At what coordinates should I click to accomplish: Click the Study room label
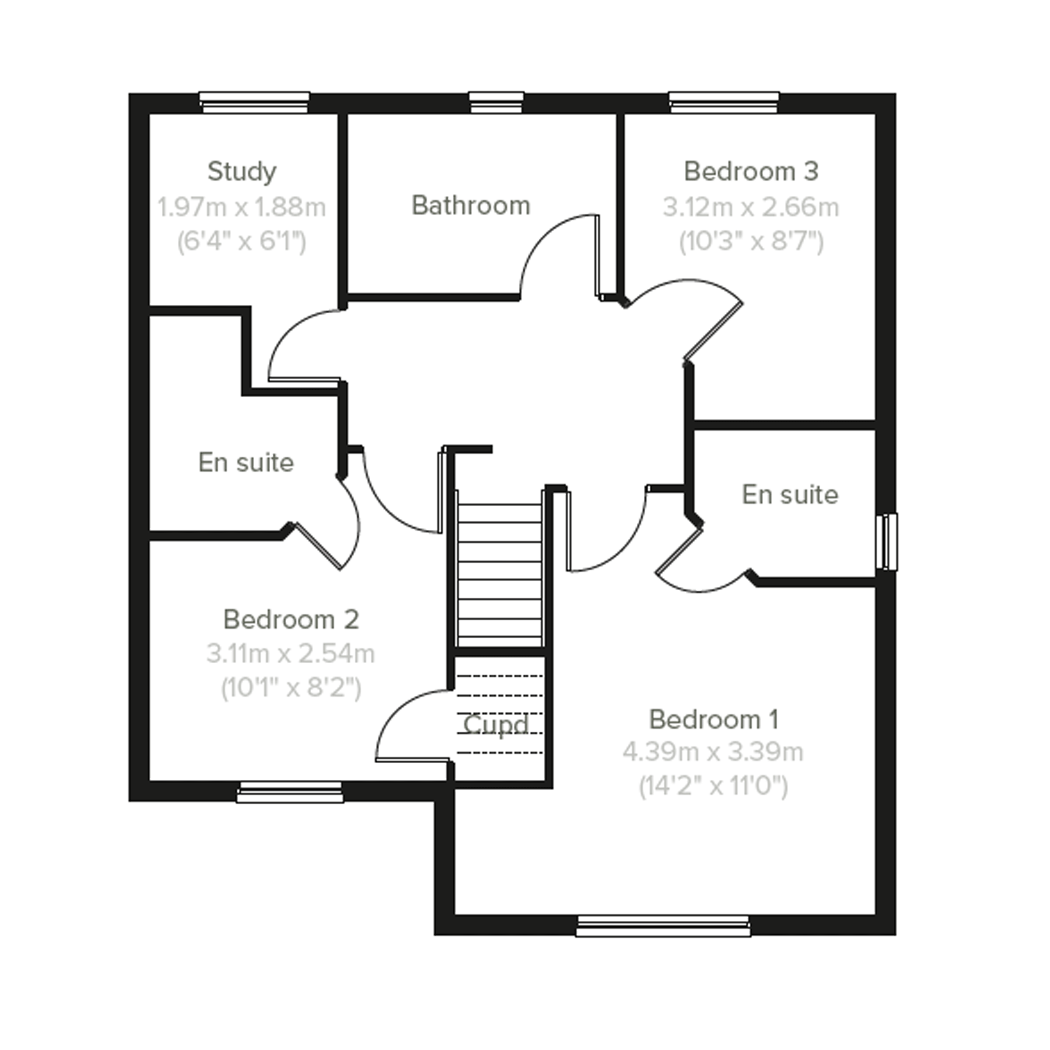242,172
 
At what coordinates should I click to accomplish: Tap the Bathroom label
471,205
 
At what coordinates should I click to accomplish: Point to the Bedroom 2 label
291,620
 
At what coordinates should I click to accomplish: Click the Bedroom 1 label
714,720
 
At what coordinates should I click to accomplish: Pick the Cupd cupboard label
496,725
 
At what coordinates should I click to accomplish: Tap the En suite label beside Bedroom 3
790,495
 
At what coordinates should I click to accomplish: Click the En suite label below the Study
246,463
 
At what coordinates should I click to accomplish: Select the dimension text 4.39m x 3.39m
712,752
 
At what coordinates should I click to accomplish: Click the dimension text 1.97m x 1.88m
241,207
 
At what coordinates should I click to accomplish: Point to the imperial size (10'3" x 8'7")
751,241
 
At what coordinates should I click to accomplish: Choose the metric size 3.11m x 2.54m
291,653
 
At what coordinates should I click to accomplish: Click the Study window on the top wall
255,102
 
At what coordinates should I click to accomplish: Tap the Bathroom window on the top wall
496,102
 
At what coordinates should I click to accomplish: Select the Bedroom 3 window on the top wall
724,102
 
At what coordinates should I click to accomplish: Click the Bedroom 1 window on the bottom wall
663,926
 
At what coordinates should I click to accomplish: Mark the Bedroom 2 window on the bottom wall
290,792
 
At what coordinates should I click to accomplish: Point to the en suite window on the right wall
887,542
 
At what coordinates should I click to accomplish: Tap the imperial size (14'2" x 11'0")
713,786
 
